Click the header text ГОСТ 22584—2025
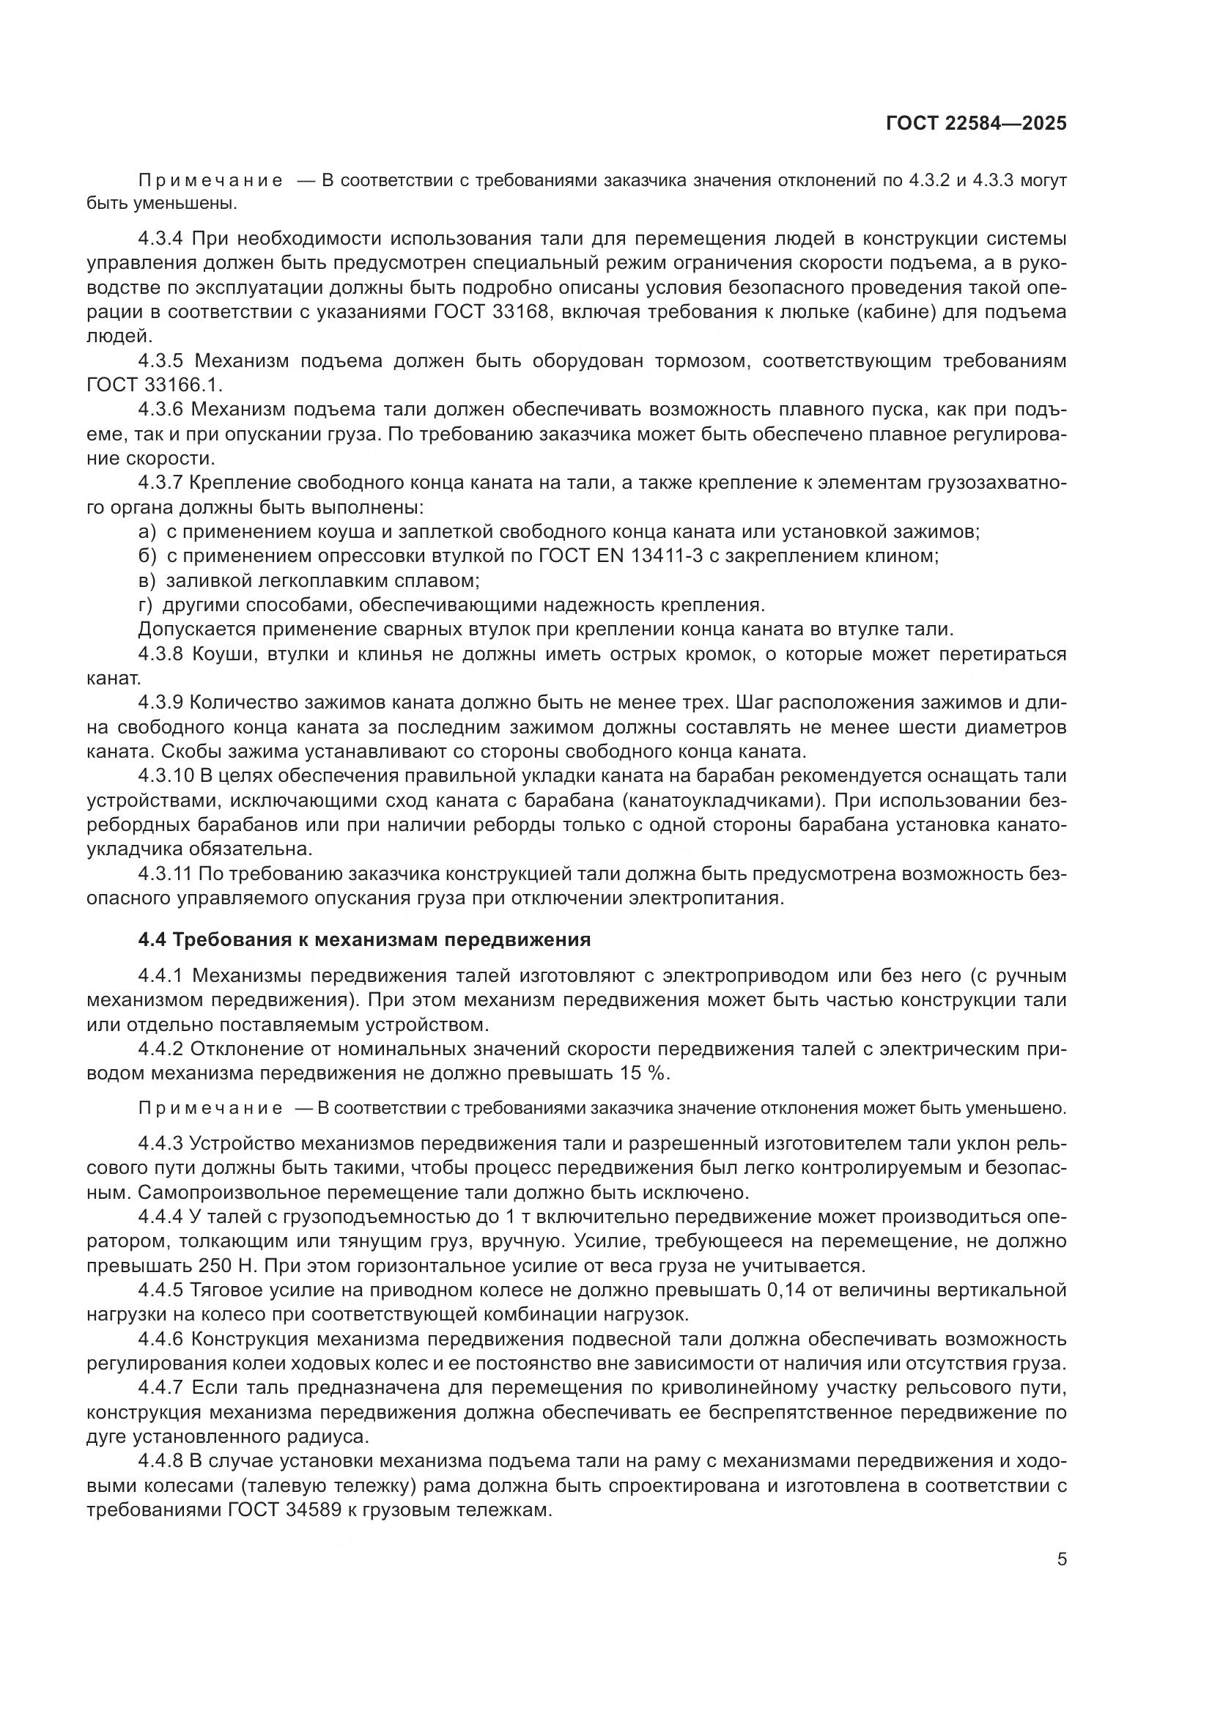976,124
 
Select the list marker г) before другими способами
146,605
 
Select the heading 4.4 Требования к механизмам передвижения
364,940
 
